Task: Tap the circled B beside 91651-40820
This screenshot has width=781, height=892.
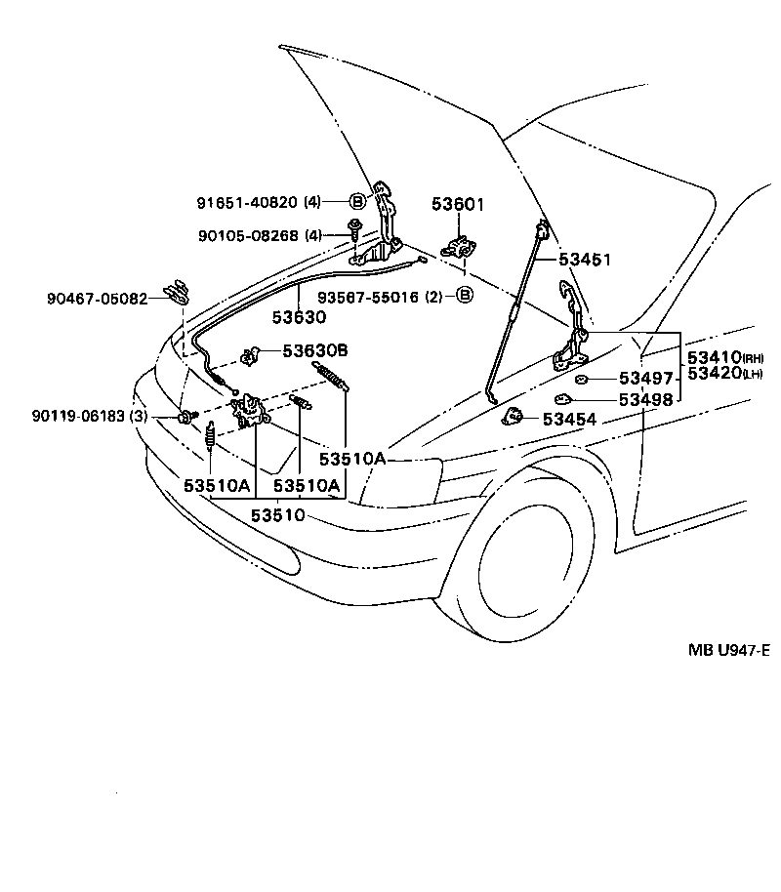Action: [357, 202]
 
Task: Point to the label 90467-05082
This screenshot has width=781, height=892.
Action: [96, 299]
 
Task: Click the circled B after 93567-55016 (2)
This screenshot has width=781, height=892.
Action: [466, 295]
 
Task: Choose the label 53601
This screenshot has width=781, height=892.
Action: [458, 205]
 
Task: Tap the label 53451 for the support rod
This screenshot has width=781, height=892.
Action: [585, 260]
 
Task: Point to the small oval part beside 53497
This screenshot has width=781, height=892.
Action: [580, 379]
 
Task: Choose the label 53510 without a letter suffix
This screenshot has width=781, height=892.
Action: [279, 514]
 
